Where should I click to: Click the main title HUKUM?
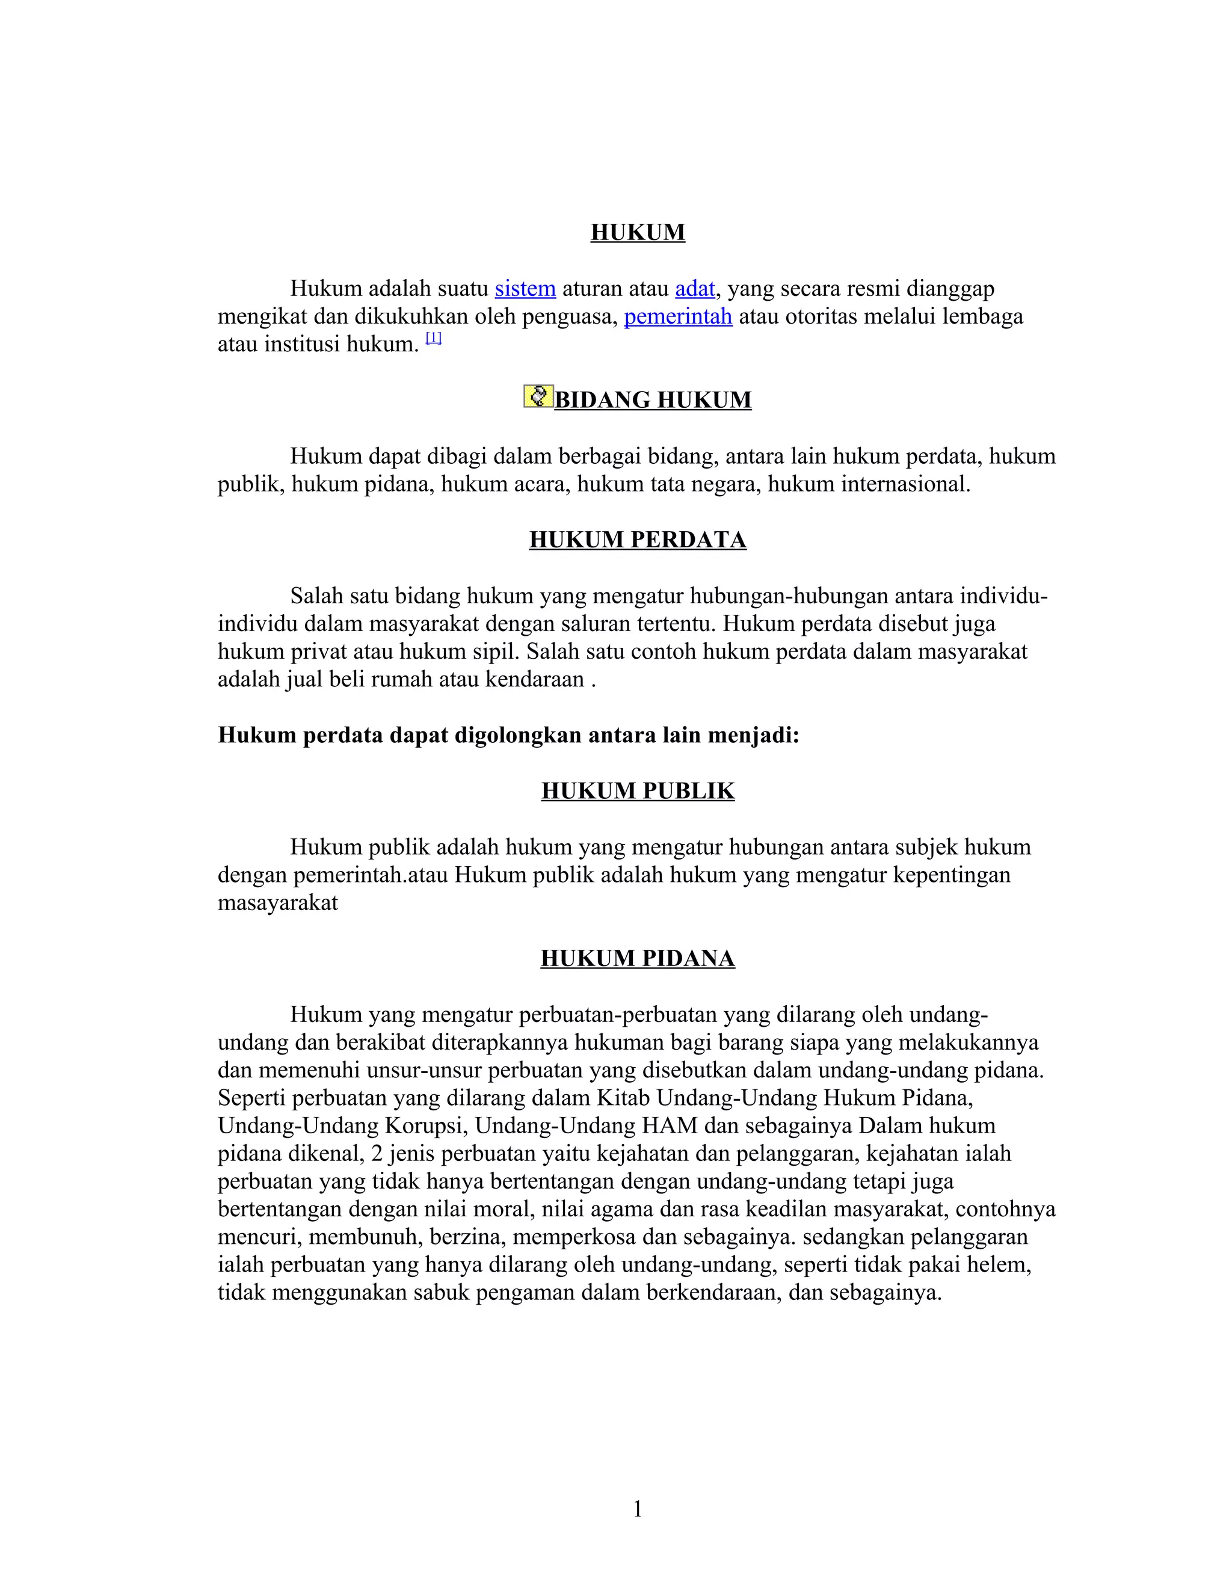[x=637, y=232]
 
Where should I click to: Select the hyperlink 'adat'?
[x=694, y=288]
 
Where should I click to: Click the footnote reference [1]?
[x=434, y=338]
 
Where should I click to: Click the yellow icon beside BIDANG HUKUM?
[x=538, y=396]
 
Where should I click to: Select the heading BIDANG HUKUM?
[x=653, y=400]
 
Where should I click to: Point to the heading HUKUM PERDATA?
[x=637, y=540]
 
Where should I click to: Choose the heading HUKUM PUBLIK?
[x=637, y=790]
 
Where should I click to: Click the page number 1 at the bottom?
[x=637, y=1509]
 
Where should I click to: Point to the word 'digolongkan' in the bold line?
[x=517, y=735]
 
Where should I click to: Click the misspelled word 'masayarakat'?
[x=277, y=903]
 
